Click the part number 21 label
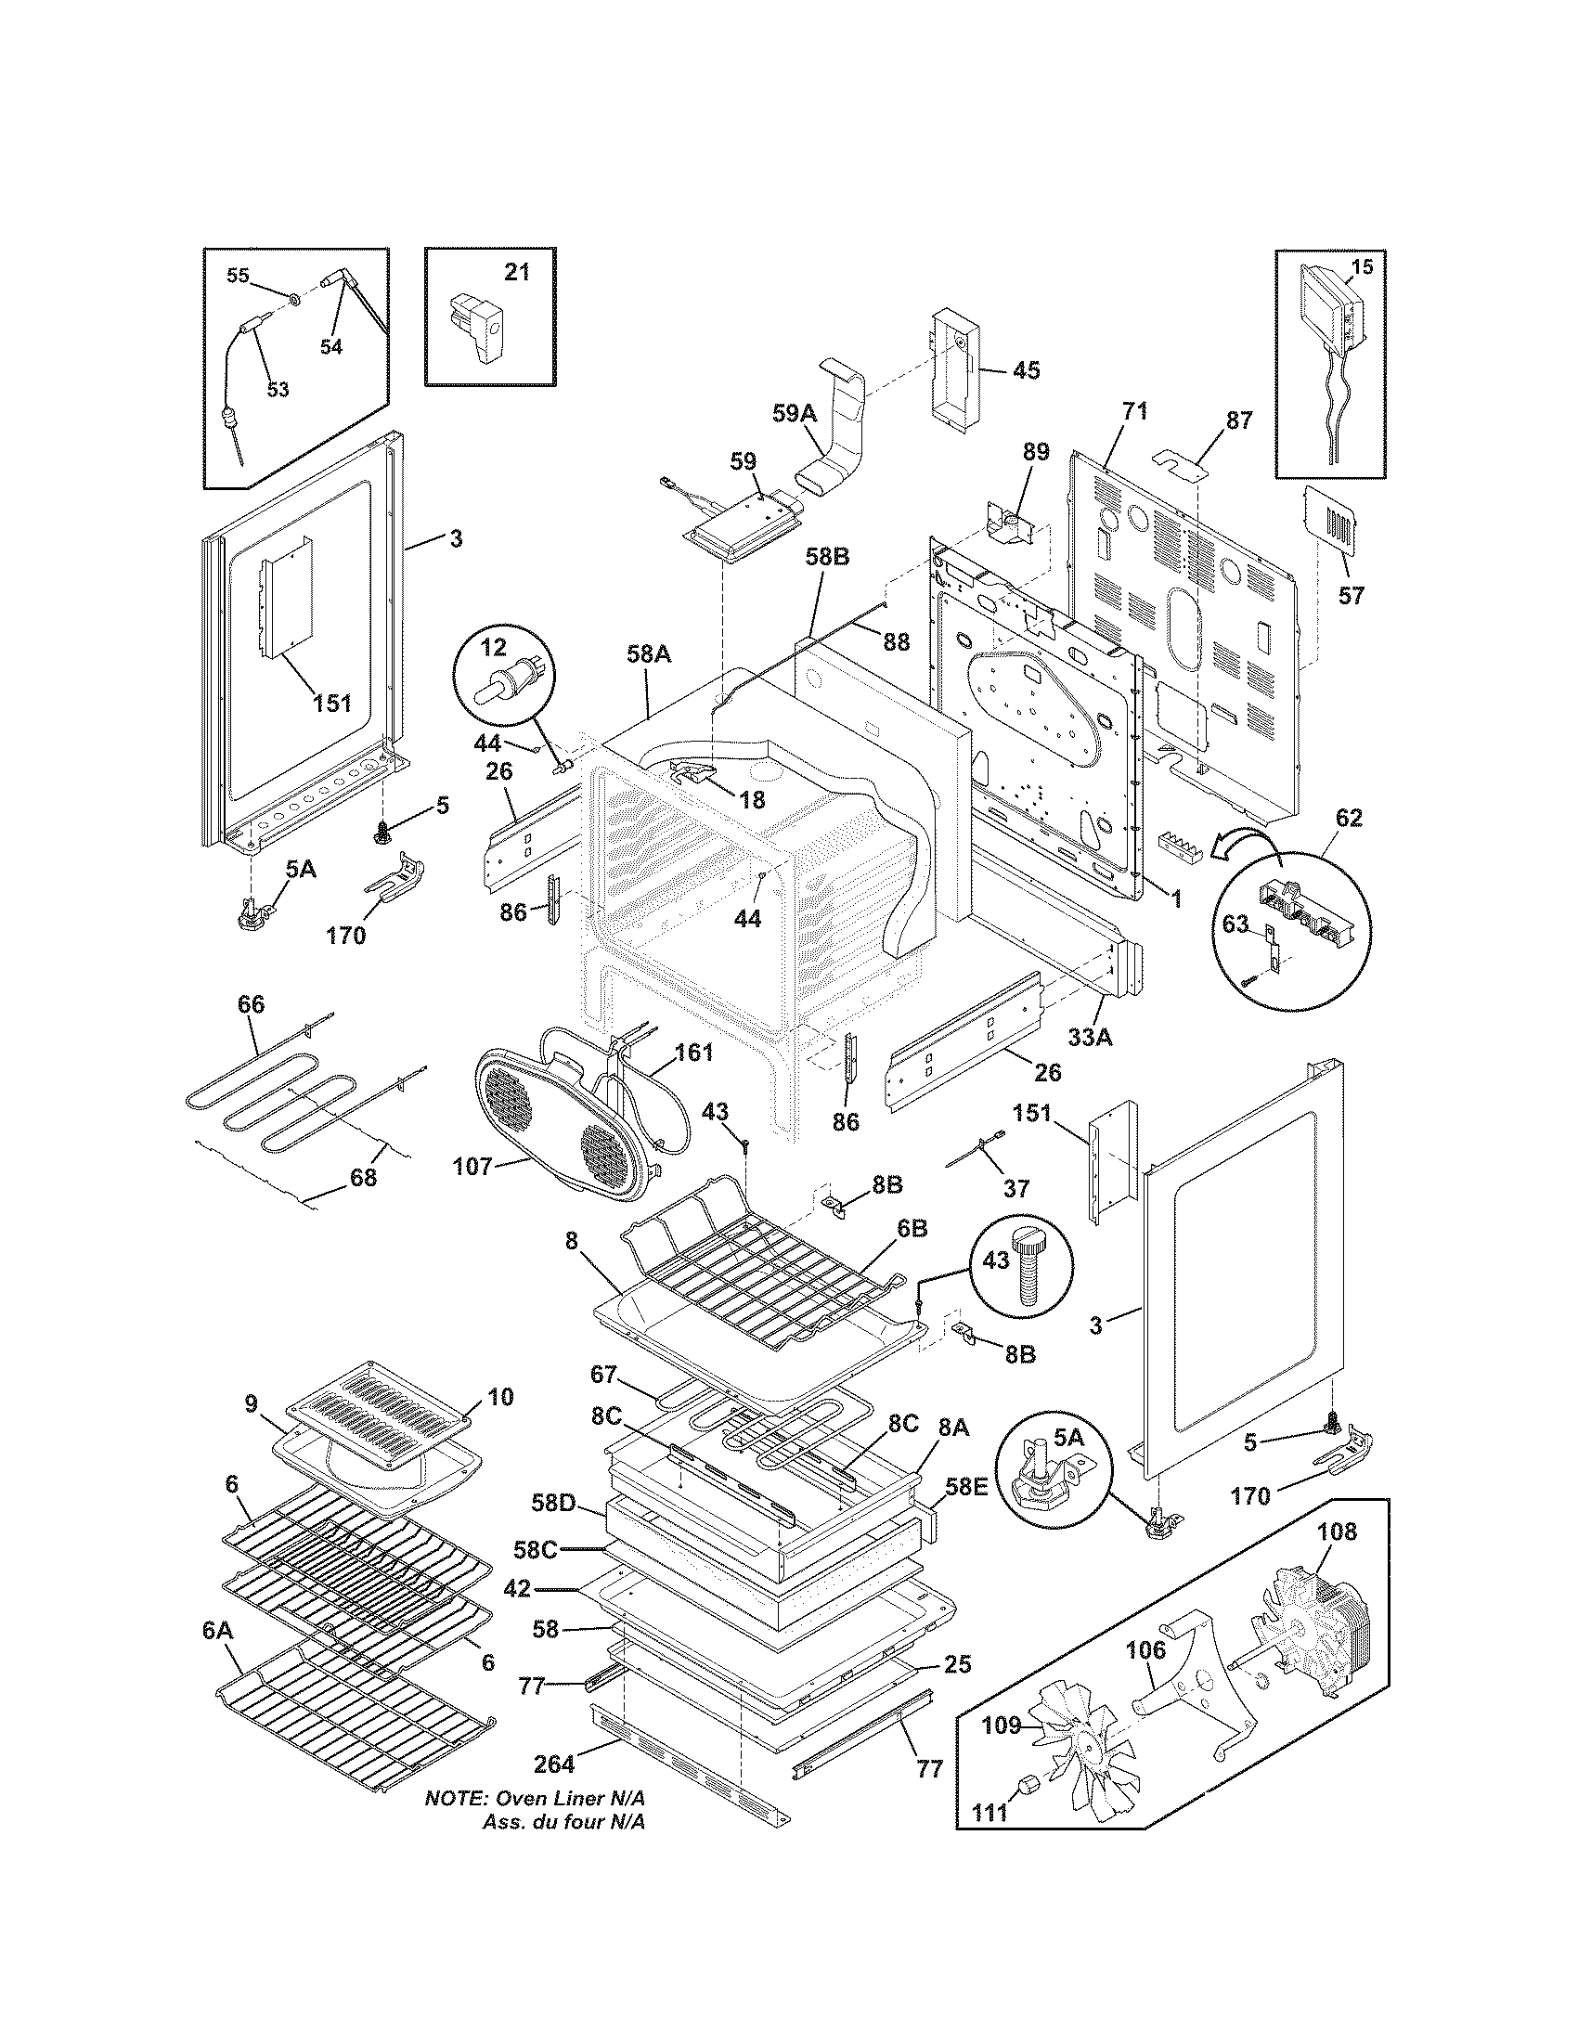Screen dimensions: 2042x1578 click(x=517, y=272)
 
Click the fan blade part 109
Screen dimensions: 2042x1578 click(x=1084, y=1749)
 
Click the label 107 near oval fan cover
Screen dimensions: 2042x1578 click(x=472, y=1167)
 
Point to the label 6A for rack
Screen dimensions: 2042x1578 click(x=217, y=1630)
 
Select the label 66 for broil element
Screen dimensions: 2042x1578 click(x=251, y=1004)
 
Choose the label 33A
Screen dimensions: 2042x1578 click(x=1089, y=1036)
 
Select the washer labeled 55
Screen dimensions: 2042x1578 click(x=293, y=298)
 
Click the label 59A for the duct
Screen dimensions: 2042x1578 click(x=795, y=413)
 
